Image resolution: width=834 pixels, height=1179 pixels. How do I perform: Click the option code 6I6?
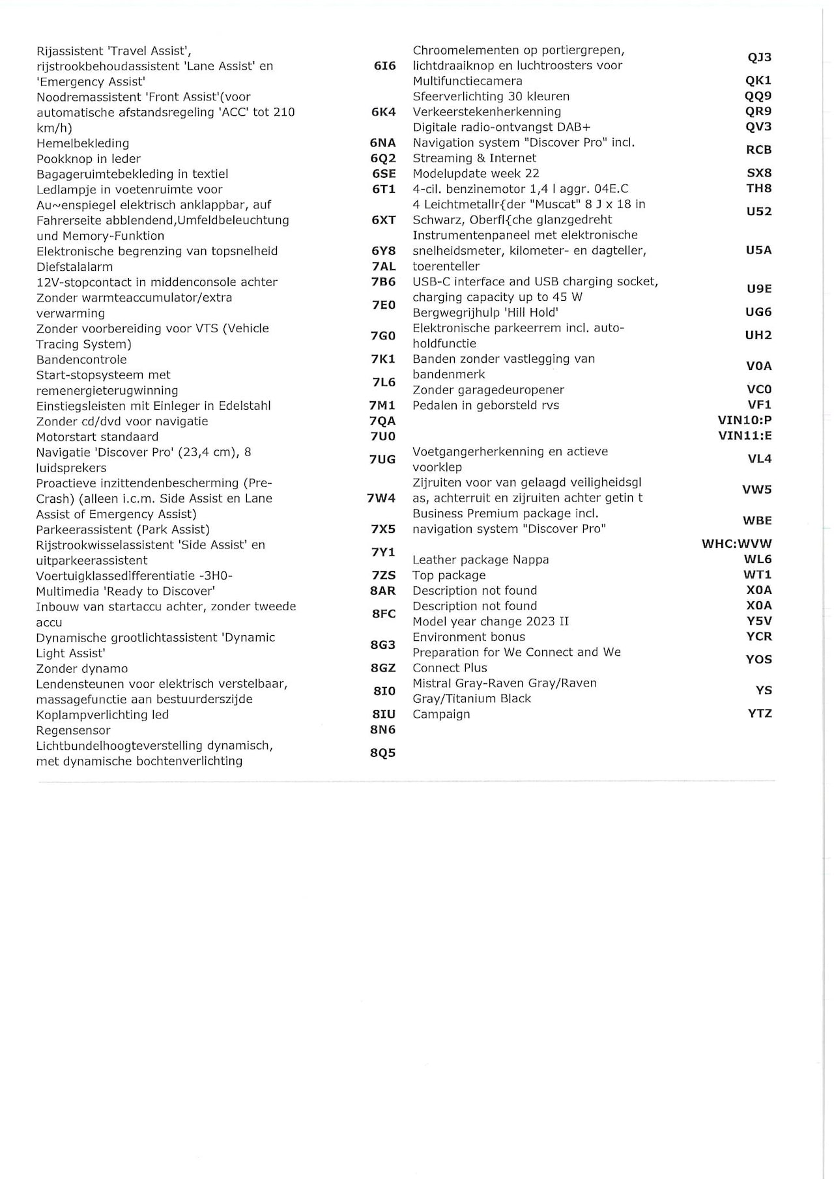[384, 66]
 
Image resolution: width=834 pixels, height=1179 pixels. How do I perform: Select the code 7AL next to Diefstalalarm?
[383, 266]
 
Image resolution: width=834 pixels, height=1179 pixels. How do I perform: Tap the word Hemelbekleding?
[83, 143]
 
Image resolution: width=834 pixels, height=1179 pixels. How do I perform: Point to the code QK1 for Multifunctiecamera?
[758, 80]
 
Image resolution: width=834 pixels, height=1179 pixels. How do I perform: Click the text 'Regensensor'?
[73, 730]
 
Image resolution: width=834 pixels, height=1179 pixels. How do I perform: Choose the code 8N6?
[382, 730]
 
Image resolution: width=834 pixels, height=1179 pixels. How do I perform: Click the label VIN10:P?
[744, 420]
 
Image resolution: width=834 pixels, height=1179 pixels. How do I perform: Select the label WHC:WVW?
[736, 543]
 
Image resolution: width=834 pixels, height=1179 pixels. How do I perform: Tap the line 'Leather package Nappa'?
[480, 560]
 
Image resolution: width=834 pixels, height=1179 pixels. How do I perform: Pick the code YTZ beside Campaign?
[760, 713]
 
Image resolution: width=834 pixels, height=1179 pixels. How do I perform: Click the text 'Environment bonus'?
[468, 636]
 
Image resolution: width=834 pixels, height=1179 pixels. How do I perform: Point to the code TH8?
[758, 188]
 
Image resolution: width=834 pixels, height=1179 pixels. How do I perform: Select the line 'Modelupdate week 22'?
[476, 173]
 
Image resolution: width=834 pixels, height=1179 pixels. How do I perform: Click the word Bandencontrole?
[81, 360]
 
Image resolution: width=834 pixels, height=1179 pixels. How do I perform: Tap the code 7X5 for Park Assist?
[383, 529]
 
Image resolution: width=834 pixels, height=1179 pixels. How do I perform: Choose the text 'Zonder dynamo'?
[82, 668]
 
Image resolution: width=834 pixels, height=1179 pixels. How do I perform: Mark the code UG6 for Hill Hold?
[758, 312]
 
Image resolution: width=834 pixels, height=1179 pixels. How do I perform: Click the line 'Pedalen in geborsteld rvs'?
[485, 405]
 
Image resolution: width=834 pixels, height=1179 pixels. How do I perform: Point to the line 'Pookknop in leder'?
[89, 159]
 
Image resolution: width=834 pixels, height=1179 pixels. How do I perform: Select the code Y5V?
[759, 621]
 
